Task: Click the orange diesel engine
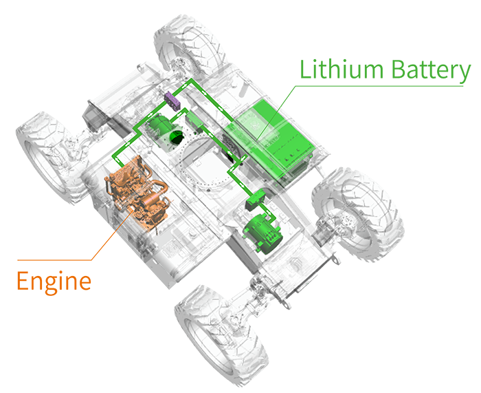click(x=135, y=192)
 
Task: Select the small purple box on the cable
click(x=172, y=100)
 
